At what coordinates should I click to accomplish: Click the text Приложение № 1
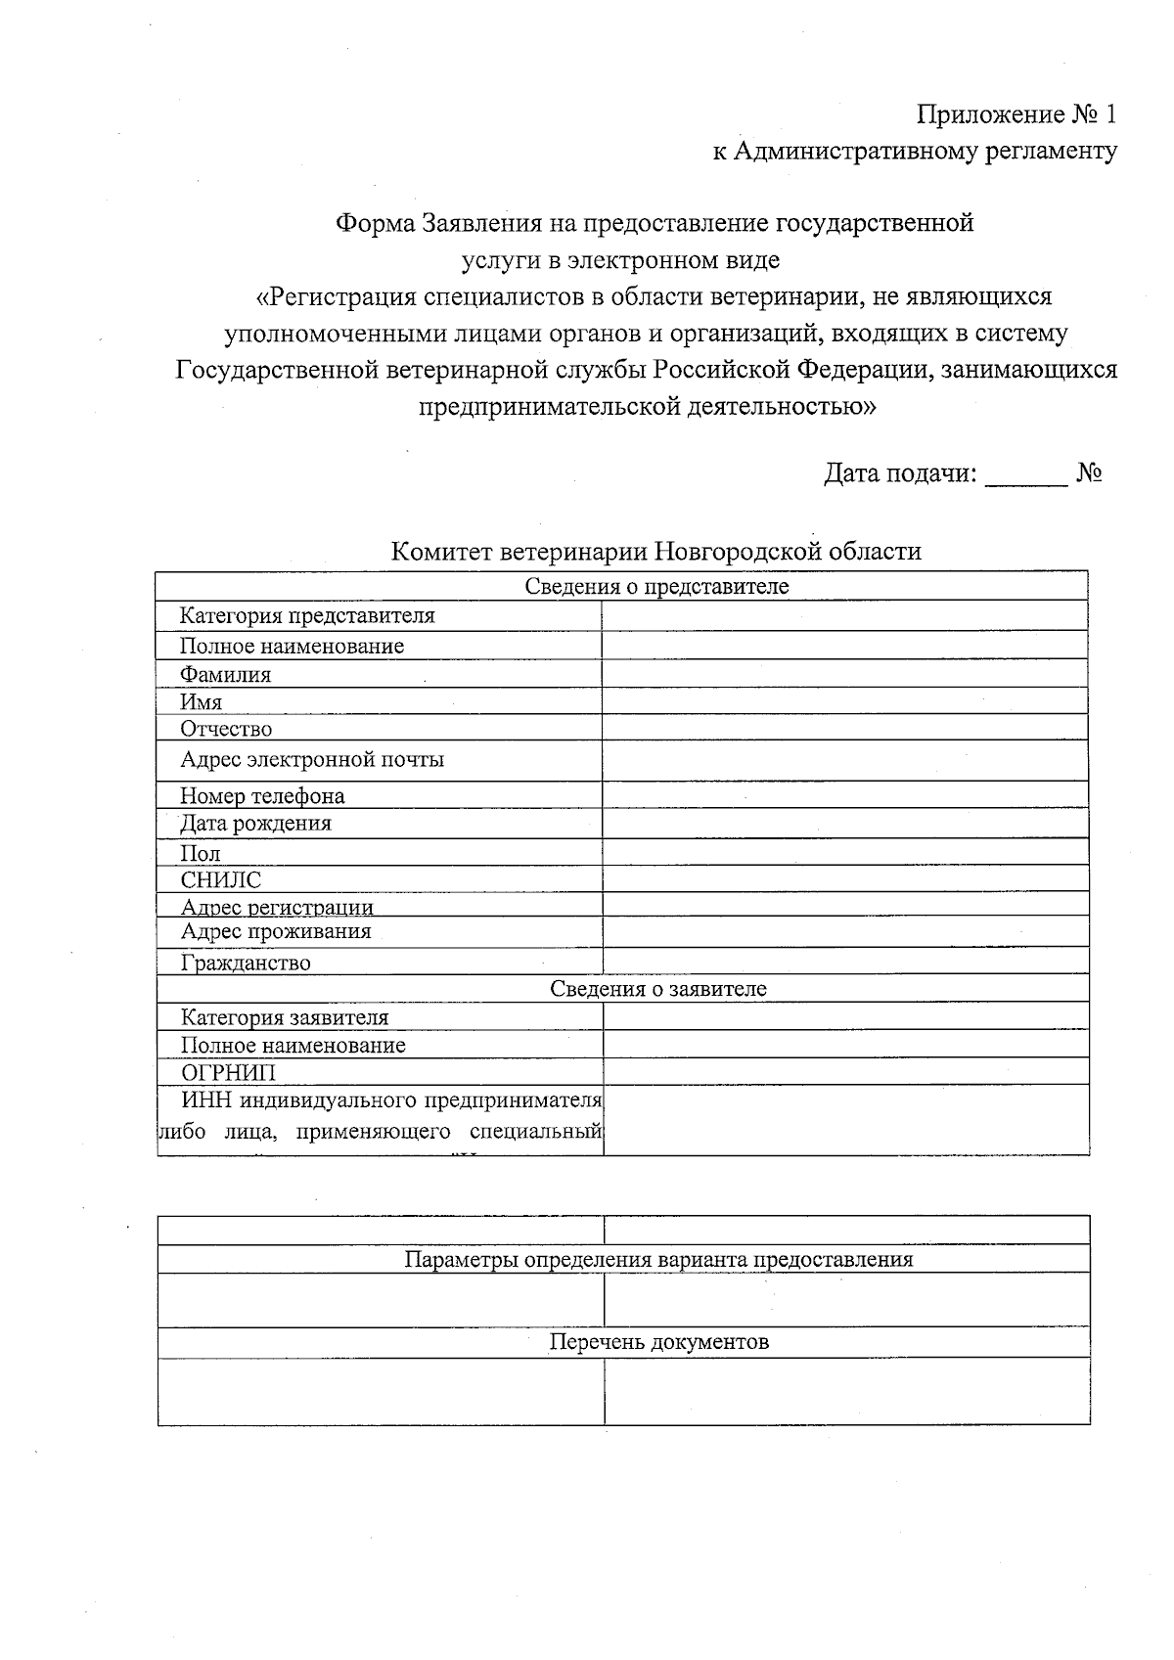pos(1016,115)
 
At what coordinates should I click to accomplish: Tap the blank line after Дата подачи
pos(1025,475)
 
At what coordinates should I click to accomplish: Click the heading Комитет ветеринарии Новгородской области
pos(655,552)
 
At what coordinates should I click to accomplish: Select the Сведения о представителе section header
pos(656,587)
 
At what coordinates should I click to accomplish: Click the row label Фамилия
pos(225,675)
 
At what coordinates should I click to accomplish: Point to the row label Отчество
pos(226,730)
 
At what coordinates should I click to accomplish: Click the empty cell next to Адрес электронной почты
pos(844,760)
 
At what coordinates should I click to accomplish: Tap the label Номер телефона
pos(262,796)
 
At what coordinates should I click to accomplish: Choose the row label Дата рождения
pos(255,824)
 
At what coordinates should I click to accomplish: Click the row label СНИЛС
pos(221,880)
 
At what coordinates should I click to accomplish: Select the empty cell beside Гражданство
pos(845,962)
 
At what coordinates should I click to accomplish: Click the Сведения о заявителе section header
pos(657,989)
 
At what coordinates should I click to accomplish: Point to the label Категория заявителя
pos(285,1018)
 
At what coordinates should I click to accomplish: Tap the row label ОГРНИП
pos(229,1073)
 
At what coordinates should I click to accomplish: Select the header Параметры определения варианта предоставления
pos(658,1260)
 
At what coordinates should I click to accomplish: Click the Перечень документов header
pos(658,1342)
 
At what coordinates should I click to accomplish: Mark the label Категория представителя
pos(307,616)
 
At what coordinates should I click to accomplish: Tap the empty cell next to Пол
pos(844,852)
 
